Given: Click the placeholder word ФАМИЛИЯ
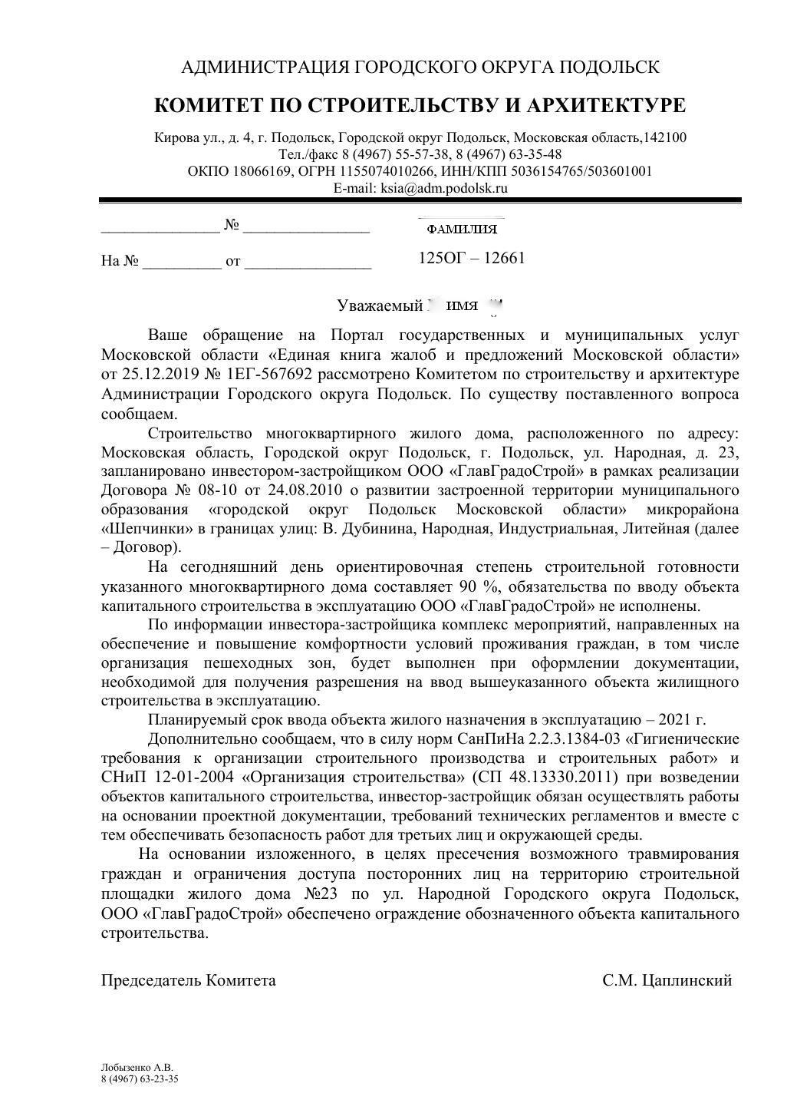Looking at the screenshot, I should pyautogui.click(x=461, y=230).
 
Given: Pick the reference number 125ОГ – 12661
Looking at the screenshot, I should pyautogui.click(x=472, y=258).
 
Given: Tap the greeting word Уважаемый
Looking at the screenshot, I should pyautogui.click(x=380, y=305).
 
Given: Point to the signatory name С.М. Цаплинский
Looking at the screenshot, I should pyautogui.click(x=667, y=980).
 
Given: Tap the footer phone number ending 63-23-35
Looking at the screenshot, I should pyautogui.click(x=140, y=1078).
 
